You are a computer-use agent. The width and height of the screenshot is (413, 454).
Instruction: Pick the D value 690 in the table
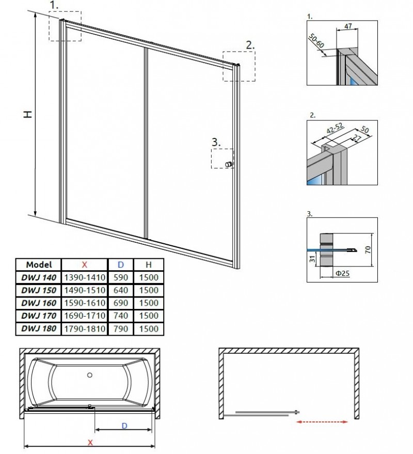[x=121, y=303]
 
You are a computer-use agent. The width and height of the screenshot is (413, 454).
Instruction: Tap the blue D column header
[x=121, y=264]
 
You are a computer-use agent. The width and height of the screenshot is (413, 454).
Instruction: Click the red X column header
[x=84, y=264]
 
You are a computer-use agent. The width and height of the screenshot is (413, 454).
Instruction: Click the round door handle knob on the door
[x=228, y=164]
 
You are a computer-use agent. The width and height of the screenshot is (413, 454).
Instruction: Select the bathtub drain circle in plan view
[x=89, y=375]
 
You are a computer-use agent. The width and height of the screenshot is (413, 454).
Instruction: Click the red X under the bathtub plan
[x=90, y=442]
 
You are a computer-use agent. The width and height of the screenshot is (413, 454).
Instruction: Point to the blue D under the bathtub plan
[x=124, y=426]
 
